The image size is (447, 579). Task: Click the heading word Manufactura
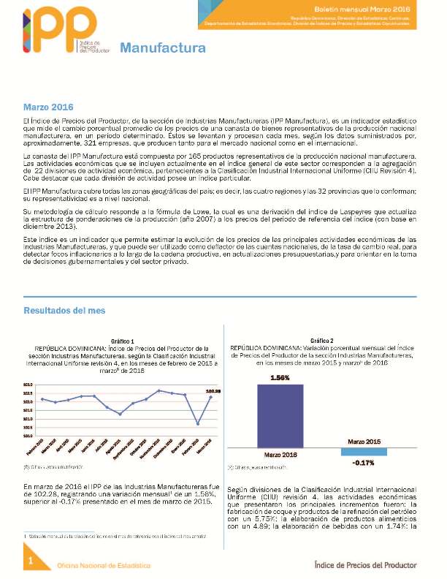[162, 49]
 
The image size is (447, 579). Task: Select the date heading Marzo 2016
[53, 107]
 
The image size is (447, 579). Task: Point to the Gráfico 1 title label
[123, 341]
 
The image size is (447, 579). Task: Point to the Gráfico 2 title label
[321, 341]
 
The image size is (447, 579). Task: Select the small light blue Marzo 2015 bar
[364, 452]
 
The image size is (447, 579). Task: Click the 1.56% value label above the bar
[281, 378]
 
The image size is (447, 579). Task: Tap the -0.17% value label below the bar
[364, 463]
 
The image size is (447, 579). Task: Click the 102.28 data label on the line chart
[213, 392]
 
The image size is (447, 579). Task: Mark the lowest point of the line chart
[198, 423]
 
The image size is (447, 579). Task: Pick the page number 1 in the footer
[31, 560]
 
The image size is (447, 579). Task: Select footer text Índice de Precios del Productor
[364, 565]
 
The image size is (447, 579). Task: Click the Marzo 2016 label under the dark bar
[281, 454]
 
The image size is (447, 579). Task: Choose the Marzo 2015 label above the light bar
[364, 442]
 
